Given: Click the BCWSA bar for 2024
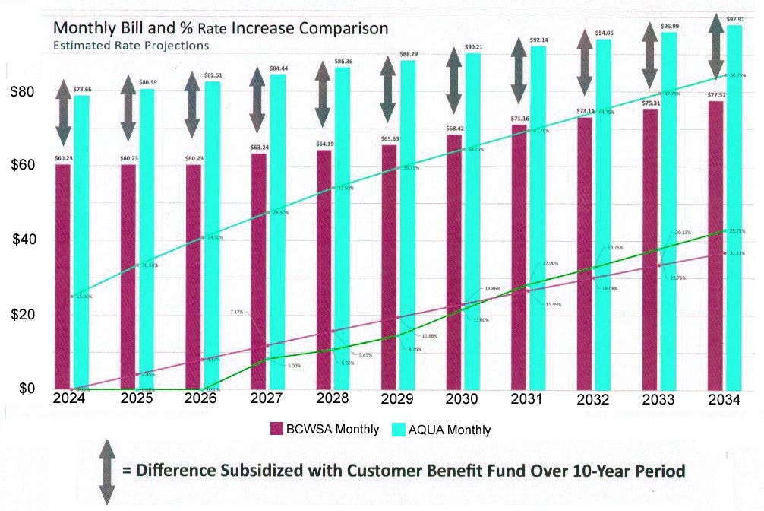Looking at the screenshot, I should pyautogui.click(x=63, y=276).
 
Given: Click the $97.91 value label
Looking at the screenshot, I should pyautogui.click(x=734, y=18).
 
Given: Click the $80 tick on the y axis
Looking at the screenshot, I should pyautogui.click(x=22, y=91).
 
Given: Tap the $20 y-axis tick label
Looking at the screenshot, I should pyautogui.click(x=22, y=315).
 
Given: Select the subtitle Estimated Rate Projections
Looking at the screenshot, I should pyautogui.click(x=131, y=46).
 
